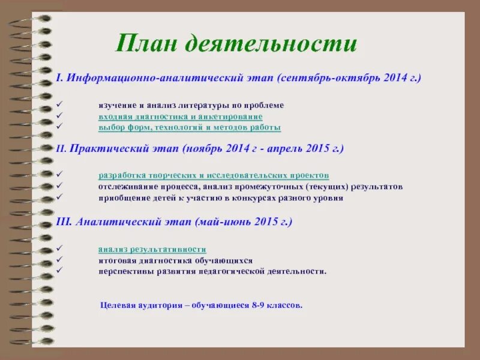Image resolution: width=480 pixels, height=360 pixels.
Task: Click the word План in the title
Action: pyautogui.click(x=146, y=44)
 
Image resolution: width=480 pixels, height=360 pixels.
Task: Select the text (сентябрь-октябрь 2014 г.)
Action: pyautogui.click(x=349, y=79)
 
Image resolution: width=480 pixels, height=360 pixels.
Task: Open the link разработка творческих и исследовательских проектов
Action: pyautogui.click(x=214, y=175)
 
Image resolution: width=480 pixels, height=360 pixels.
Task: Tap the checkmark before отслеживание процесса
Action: pyautogui.click(x=58, y=187)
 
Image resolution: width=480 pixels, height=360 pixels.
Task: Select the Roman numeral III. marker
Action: pyautogui.click(x=64, y=221)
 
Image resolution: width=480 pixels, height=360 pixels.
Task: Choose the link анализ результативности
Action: pyautogui.click(x=152, y=249)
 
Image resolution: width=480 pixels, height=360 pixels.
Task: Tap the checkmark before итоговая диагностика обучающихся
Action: pyautogui.click(x=58, y=260)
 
